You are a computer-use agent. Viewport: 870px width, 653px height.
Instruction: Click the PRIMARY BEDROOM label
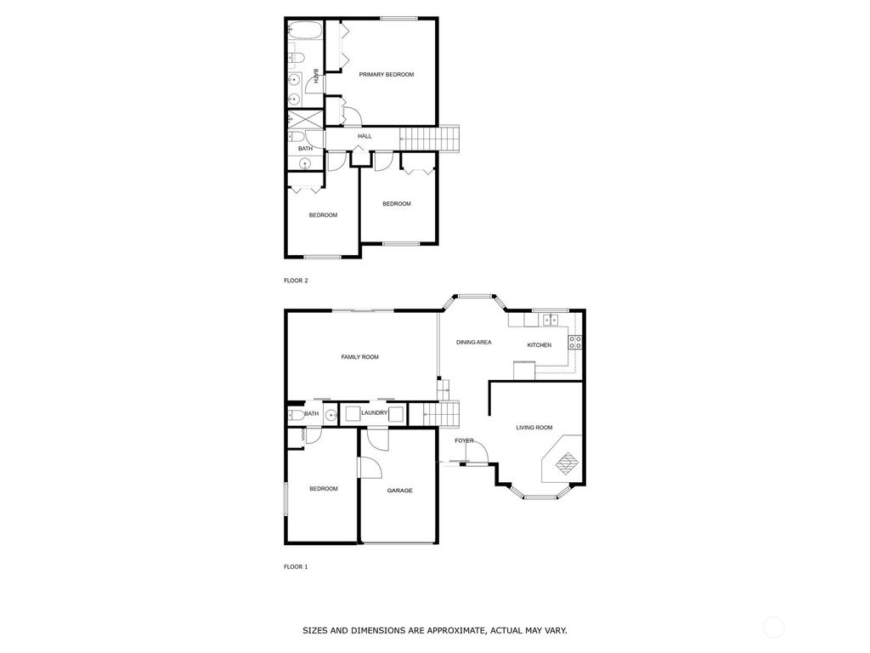pyautogui.click(x=386, y=75)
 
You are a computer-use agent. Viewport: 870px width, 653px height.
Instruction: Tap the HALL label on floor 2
pyautogui.click(x=364, y=136)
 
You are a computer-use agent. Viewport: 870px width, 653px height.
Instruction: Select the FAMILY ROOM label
pyautogui.click(x=359, y=357)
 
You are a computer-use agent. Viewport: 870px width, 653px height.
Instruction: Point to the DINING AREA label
pyautogui.click(x=474, y=343)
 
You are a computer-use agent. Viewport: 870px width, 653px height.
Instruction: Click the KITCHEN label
pyautogui.click(x=540, y=345)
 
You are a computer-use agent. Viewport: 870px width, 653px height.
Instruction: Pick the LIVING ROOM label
pyautogui.click(x=534, y=428)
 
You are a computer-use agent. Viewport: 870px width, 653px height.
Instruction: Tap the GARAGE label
pyautogui.click(x=399, y=491)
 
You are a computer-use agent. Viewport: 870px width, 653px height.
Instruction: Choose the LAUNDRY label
pyautogui.click(x=374, y=413)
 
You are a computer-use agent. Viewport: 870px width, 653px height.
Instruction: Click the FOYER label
pyautogui.click(x=464, y=440)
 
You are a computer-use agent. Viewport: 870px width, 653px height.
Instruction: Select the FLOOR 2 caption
pyautogui.click(x=296, y=280)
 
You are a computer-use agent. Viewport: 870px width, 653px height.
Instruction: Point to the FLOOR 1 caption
pyautogui.click(x=296, y=566)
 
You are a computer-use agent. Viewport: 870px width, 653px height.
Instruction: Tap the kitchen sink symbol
pyautogui.click(x=551, y=320)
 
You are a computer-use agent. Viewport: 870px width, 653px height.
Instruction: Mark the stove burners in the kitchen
pyautogui.click(x=575, y=342)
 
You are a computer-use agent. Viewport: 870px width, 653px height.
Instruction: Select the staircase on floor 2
pyautogui.click(x=430, y=138)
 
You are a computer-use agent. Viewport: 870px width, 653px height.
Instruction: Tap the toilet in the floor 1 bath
pyautogui.click(x=293, y=415)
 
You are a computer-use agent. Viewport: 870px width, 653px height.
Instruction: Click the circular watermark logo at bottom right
pyautogui.click(x=773, y=628)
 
